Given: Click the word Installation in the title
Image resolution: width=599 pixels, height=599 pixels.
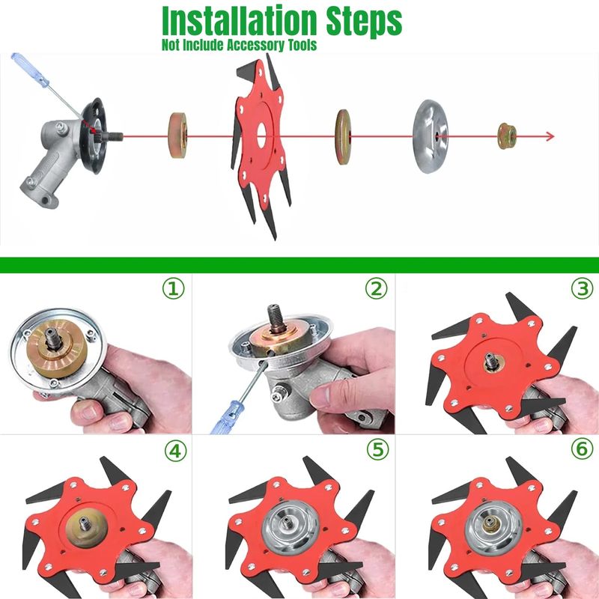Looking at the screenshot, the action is point(240,21).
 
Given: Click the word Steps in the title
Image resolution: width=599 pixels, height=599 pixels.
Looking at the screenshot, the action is point(364,22).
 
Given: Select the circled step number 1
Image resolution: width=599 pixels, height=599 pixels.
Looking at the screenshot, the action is point(174,288).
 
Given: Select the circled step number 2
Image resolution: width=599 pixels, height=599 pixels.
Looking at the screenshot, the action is point(377,288).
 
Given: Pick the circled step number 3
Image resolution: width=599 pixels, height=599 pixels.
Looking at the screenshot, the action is point(583,288).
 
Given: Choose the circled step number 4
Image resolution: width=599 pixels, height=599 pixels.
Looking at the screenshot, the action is point(175,451).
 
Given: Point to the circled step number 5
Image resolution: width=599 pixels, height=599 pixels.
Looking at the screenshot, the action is point(377,449).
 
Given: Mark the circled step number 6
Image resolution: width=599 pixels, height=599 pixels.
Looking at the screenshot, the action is point(583,449).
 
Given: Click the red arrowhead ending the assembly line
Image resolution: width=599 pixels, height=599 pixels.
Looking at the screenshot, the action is point(550,136).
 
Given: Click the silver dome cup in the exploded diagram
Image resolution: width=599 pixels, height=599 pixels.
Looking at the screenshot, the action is point(430,136).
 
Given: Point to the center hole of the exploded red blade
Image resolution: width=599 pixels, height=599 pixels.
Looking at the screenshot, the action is point(261,136).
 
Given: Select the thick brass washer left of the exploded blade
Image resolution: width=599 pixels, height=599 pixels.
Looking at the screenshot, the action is point(177,136).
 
